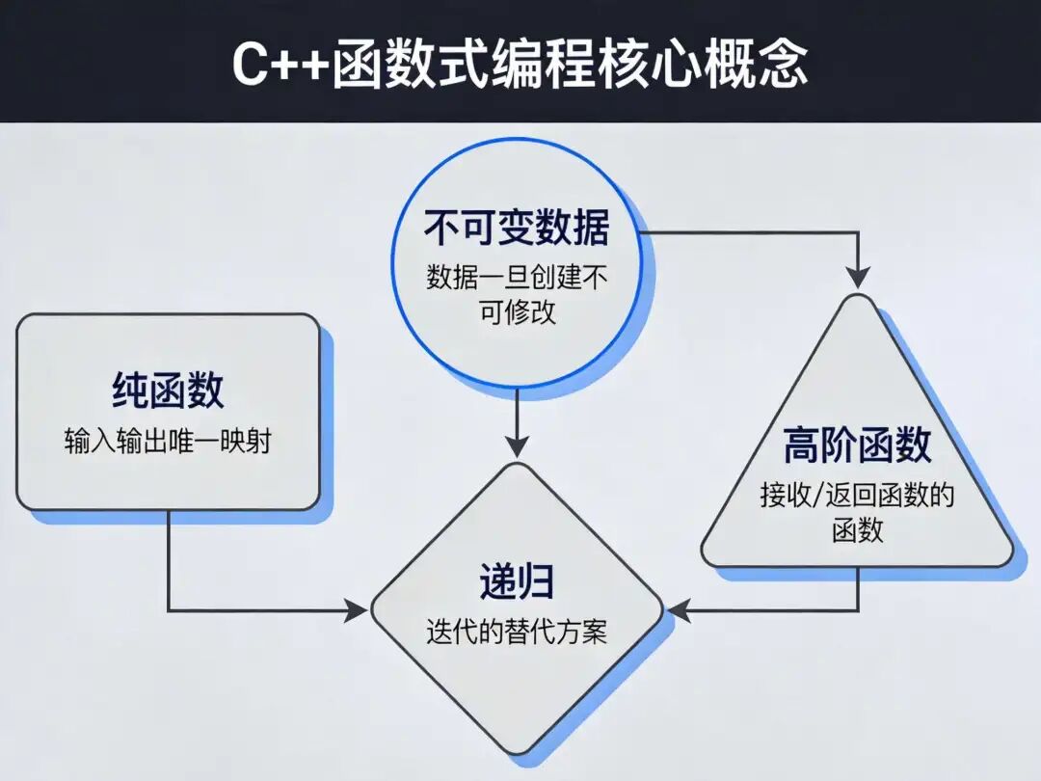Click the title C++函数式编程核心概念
point(520,64)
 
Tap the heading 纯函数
point(168,390)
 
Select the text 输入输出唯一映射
point(168,442)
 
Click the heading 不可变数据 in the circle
point(517,229)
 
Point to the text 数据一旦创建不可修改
point(517,295)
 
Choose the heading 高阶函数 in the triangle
point(857,446)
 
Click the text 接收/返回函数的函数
point(857,513)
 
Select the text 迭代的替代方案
point(517,633)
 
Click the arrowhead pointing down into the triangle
point(857,277)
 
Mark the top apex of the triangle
point(857,297)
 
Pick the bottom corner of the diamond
point(518,756)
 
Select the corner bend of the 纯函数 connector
point(169,610)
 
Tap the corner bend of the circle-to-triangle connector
point(857,231)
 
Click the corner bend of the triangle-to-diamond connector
point(857,610)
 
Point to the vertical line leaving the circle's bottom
point(518,415)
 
